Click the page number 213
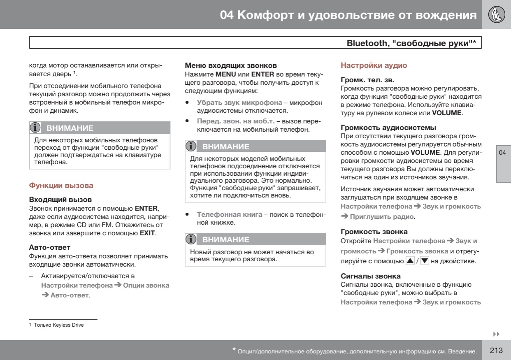coord(496,351)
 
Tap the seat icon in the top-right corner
coord(496,15)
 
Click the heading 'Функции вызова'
coord(61,186)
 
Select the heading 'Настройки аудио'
coord(374,65)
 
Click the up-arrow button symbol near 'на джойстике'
coord(410,260)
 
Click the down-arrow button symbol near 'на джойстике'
coord(425,260)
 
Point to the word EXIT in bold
coord(147,233)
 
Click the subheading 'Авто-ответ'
coord(49,247)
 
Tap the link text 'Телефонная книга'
coord(230,214)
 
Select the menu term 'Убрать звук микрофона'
coord(239,102)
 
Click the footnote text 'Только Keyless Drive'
coord(59,325)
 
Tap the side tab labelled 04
coord(502,153)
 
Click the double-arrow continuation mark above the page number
coord(496,334)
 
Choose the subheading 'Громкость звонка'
coord(374,232)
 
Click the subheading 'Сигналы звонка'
coord(370,276)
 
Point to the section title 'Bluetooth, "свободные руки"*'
coord(411,43)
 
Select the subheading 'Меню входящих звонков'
coord(231,65)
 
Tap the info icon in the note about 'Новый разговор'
coord(191,239)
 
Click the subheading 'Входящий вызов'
coord(60,200)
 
